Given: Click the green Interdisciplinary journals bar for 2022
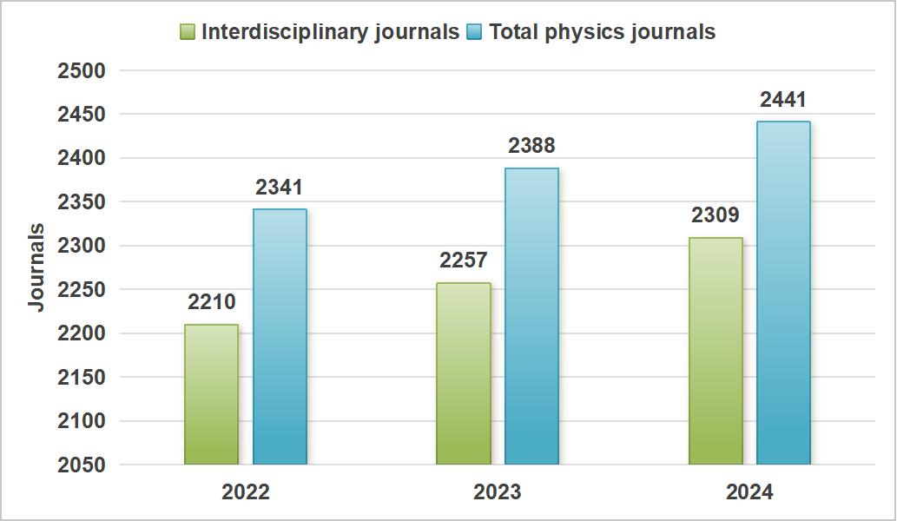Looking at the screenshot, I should pos(211,394).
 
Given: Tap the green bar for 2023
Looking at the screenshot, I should pos(463,373).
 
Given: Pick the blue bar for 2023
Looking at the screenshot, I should pos(531,316).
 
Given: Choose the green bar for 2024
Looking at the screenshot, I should pos(716,351).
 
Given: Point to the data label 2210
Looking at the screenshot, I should pos(211,303).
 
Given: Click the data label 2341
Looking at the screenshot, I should pos(280,188).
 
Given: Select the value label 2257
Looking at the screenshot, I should pos(463,260).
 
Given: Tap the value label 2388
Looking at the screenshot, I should pos(531,146).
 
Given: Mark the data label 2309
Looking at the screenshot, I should pos(716,215).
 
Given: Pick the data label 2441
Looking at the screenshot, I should pos(783,100).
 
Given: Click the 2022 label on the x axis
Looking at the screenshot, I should pos(246,492).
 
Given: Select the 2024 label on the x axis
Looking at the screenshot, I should pos(749,492).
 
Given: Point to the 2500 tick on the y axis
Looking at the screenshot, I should pos(82,71).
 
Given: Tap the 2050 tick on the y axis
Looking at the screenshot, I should pos(82,465).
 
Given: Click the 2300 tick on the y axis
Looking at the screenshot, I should pos(82,247).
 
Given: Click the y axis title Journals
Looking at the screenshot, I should pos(36,267).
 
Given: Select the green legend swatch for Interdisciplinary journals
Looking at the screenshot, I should pos(188,32).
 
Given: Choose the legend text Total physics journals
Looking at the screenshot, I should pos(602,32).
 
